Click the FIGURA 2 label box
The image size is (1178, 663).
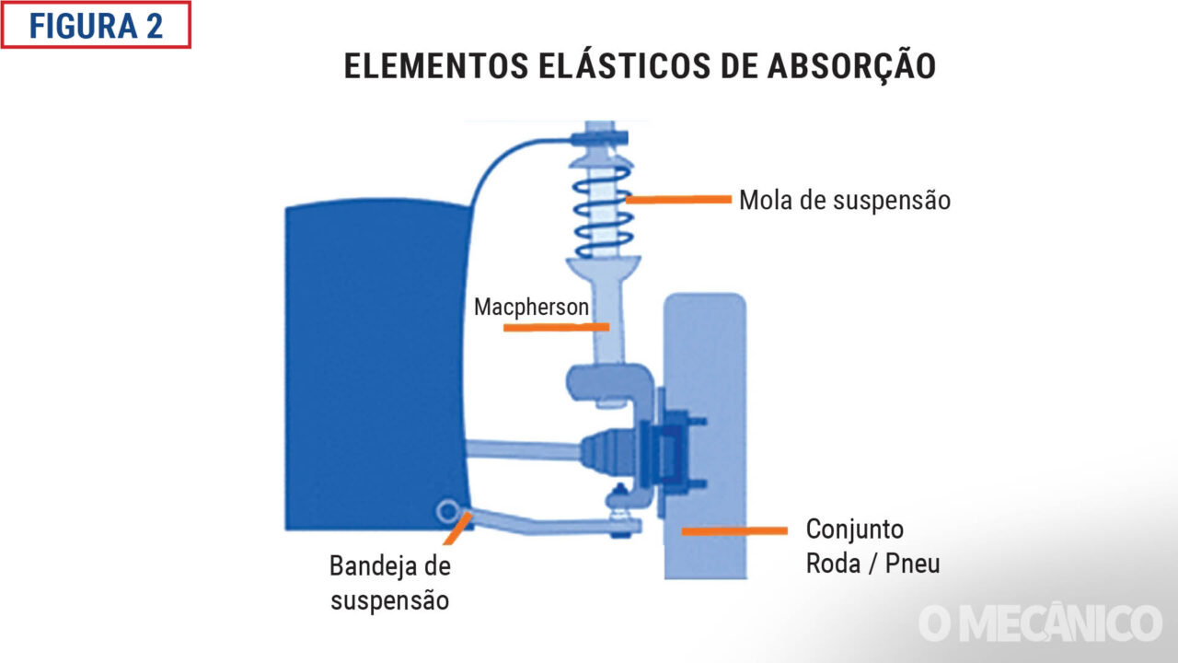tap(96, 25)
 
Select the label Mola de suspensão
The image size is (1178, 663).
tap(844, 200)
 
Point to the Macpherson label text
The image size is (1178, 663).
tap(531, 307)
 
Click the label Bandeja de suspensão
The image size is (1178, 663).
tap(390, 582)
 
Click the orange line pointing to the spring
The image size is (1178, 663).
tap(678, 198)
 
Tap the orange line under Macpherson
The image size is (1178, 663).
tap(556, 327)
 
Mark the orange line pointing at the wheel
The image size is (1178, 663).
tap(734, 530)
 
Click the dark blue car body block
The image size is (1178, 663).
tap(373, 368)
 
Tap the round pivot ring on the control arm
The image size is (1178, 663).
tap(449, 509)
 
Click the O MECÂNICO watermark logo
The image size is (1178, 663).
tap(1040, 622)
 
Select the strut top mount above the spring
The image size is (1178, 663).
tap(599, 138)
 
